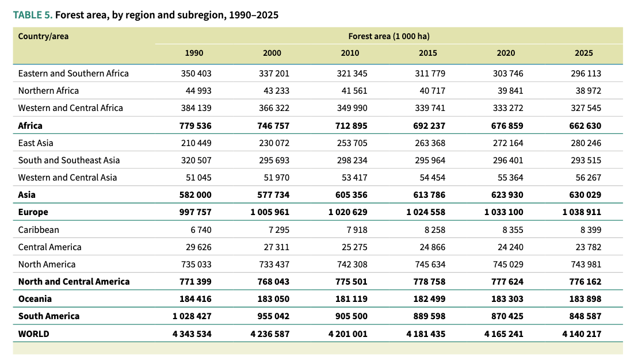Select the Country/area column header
point(43,36)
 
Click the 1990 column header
point(194,53)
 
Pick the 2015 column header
point(428,53)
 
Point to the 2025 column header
point(583,53)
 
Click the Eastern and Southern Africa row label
point(74,74)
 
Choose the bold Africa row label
point(30,125)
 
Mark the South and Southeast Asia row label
point(69,160)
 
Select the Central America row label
point(50,247)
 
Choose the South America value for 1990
point(192,316)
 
